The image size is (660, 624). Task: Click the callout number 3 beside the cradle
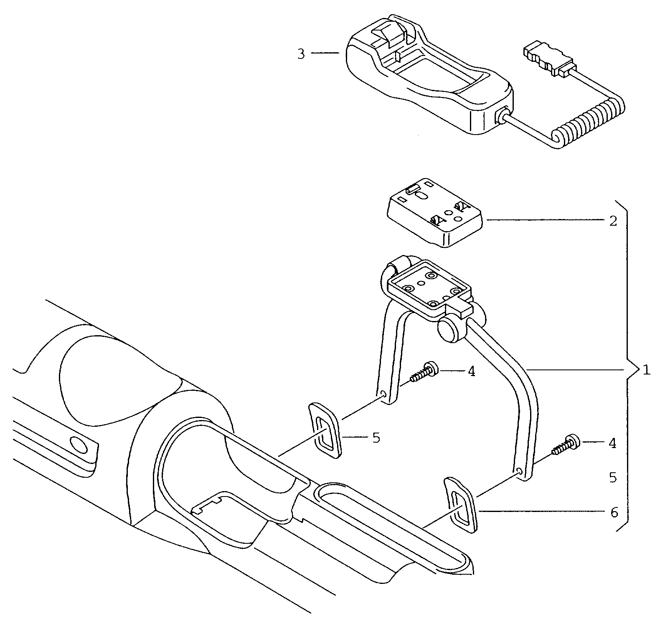(x=301, y=54)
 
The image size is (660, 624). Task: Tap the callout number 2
(x=613, y=221)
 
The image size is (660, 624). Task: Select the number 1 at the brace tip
(x=646, y=370)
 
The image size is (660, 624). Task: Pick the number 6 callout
(x=614, y=512)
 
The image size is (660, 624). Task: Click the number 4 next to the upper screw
(x=471, y=371)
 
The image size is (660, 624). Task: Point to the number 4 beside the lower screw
(x=612, y=443)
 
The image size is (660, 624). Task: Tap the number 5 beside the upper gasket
(x=376, y=438)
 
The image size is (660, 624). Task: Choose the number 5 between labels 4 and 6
(x=613, y=478)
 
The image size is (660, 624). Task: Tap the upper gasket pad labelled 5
(x=325, y=430)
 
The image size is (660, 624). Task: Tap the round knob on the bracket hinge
(x=449, y=329)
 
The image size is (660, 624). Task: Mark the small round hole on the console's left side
(x=79, y=446)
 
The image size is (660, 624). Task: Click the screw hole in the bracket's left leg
(x=383, y=394)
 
